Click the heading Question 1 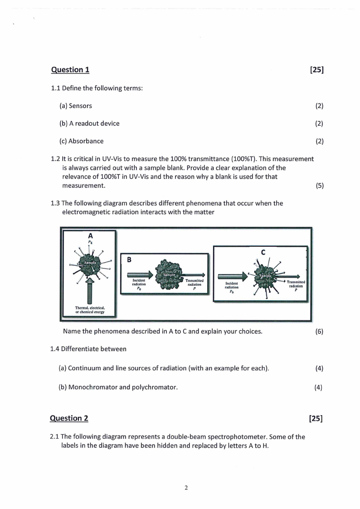[70, 69]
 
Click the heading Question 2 [70, 418]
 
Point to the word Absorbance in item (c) [86, 141]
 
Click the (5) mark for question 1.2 [319, 185]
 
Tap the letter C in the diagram [263, 253]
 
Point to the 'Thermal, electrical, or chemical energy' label [89, 310]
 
